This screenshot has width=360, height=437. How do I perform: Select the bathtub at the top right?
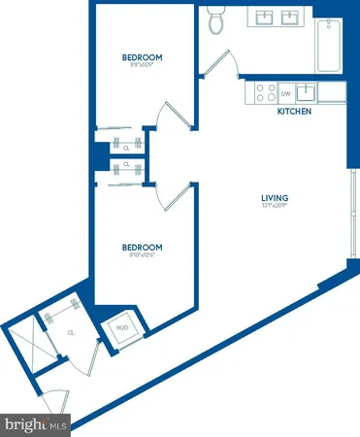(328, 46)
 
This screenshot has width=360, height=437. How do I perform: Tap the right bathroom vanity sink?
(290, 17)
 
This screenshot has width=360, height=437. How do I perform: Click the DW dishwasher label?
(285, 94)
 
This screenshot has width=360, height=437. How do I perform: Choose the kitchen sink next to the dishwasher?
(305, 93)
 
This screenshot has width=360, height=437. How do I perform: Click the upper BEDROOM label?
(143, 57)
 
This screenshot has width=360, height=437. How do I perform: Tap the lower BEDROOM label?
(142, 248)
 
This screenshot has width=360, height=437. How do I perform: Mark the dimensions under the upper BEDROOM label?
(143, 66)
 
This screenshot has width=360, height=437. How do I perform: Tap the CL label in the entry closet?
(72, 331)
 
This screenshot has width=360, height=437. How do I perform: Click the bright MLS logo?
(36, 424)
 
